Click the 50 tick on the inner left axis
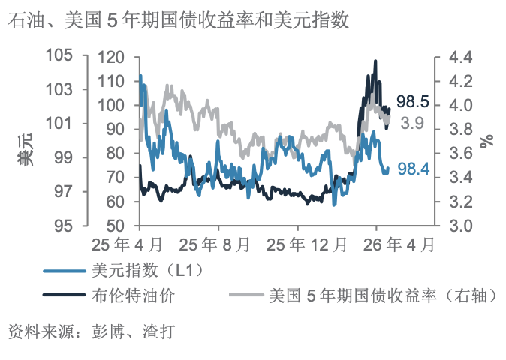point(115,226)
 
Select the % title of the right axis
point(488,140)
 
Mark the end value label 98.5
point(412,101)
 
